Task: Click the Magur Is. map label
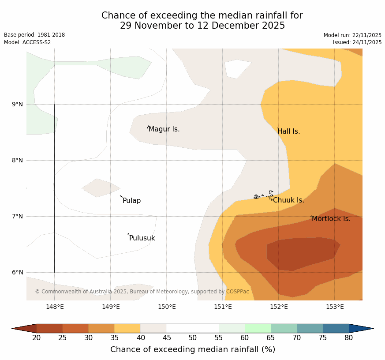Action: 164,129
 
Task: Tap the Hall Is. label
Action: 288,131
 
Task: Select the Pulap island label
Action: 131,201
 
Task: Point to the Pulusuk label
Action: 142,238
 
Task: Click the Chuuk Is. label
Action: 288,200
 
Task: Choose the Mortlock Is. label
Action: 331,219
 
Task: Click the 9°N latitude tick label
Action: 18,105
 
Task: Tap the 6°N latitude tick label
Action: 18,273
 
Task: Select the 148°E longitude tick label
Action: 55,307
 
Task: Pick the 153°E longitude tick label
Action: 335,307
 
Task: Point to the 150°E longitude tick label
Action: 167,307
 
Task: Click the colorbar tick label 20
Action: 37,338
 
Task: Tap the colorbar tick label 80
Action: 349,338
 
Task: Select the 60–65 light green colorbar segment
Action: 258,328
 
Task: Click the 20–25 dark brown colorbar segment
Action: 49,328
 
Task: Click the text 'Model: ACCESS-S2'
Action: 27,42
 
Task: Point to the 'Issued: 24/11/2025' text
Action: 357,42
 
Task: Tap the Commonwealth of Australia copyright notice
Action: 142,292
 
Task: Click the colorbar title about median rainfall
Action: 193,349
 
